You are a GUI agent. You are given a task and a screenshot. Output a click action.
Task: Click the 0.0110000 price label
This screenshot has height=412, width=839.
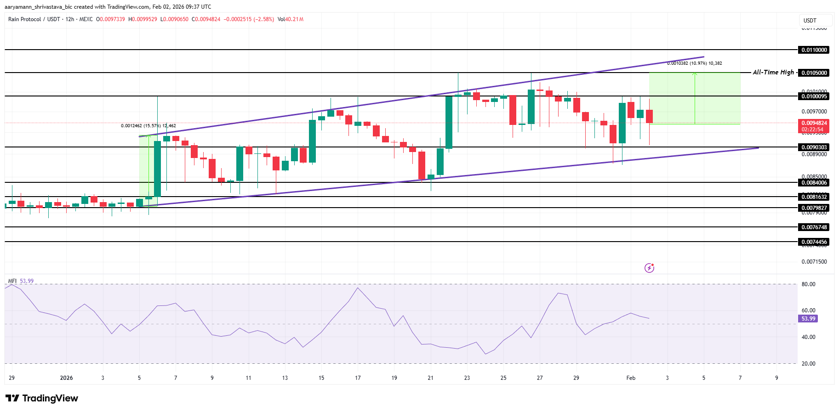tap(814, 50)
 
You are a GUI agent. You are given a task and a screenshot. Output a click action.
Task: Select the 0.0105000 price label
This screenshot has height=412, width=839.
tap(814, 73)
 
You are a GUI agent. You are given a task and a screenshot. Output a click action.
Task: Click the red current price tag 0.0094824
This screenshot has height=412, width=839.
tap(814, 123)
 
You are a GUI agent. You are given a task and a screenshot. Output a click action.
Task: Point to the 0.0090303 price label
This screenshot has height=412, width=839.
tap(814, 147)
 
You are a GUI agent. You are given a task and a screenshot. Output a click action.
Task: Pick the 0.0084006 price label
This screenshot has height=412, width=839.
tap(814, 183)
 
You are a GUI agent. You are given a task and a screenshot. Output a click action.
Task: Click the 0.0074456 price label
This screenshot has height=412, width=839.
tap(814, 242)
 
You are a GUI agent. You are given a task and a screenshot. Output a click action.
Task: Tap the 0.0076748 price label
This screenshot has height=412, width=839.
tap(814, 227)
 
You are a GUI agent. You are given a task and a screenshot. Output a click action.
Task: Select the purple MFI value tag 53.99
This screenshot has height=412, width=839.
tap(808, 319)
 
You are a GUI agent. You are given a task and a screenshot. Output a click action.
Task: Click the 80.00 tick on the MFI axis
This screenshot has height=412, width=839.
tap(808, 284)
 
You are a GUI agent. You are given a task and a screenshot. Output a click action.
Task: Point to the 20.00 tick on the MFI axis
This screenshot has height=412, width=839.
tap(808, 364)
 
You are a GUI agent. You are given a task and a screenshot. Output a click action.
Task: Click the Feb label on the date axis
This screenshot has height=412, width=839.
tap(631, 378)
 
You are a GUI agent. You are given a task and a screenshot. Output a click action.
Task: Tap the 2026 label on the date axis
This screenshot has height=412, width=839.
tap(66, 378)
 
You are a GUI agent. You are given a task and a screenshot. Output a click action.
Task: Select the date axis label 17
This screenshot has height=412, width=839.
tap(358, 378)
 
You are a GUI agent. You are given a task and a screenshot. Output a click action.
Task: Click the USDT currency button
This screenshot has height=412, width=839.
tap(810, 21)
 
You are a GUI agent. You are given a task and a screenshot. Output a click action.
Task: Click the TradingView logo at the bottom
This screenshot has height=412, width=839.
tap(42, 398)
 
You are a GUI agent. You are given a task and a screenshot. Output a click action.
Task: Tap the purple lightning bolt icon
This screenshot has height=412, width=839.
tap(649, 268)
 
